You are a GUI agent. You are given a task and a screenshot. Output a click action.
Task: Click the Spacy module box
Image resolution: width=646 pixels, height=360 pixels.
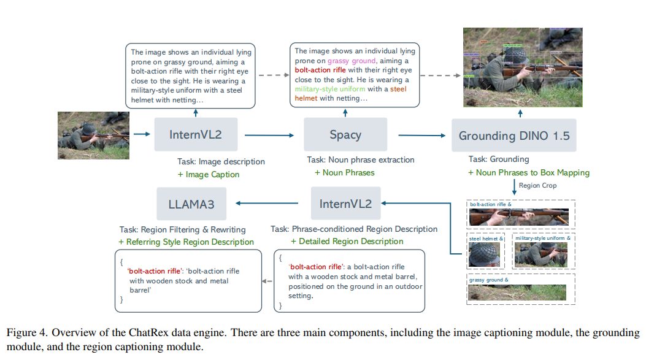(345, 135)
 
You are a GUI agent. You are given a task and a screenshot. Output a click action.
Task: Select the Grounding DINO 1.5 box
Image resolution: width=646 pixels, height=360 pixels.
(514, 136)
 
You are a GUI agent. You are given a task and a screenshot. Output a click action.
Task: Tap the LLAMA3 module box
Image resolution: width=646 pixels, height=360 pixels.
(192, 204)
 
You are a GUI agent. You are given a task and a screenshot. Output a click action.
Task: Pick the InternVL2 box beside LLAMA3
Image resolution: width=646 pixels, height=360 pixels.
(345, 204)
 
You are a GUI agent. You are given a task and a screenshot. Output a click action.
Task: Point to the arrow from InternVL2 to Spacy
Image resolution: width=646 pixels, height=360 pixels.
(270, 135)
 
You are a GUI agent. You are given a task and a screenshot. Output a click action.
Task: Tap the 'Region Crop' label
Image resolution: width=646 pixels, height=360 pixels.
(537, 185)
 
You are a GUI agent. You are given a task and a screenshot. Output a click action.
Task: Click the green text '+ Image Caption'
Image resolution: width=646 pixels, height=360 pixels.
(209, 175)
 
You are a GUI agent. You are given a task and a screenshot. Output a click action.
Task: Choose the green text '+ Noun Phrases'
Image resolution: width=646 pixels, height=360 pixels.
(344, 173)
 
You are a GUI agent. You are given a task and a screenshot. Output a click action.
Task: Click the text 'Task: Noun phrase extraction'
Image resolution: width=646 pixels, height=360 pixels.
(361, 160)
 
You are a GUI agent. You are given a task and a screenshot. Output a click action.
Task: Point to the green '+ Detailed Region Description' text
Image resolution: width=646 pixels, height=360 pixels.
(347, 242)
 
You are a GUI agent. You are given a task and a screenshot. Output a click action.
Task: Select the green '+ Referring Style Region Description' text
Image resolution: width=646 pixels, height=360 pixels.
(186, 242)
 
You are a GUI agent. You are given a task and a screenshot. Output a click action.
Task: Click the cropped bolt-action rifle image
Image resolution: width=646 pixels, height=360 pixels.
(519, 217)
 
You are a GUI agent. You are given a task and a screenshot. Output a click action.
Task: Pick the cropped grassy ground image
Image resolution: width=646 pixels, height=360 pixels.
(518, 292)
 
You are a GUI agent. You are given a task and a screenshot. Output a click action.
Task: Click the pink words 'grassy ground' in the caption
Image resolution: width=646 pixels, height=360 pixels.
(352, 61)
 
